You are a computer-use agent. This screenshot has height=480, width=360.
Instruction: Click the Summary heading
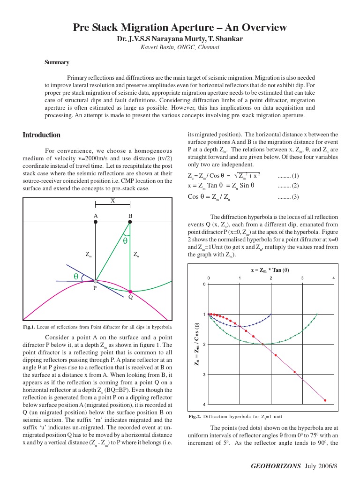[x=57, y=62]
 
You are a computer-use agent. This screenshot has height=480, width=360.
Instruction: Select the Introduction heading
[x=42, y=135]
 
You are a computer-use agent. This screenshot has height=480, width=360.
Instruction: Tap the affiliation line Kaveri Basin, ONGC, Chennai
[x=180, y=47]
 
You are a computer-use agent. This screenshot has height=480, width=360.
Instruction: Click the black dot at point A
[x=96, y=222]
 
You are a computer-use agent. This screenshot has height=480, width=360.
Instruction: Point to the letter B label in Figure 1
[x=130, y=216]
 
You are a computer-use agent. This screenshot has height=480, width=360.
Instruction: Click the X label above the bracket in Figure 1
[x=112, y=201]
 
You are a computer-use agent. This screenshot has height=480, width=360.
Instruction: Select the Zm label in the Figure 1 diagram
[x=89, y=255]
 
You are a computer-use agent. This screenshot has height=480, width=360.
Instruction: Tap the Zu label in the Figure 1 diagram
[x=136, y=255]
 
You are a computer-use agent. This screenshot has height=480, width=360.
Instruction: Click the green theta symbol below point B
[x=125, y=241]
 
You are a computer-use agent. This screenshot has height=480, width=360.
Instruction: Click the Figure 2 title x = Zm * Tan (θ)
[x=270, y=270]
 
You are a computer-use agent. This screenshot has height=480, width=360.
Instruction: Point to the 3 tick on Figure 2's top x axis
[x=303, y=278]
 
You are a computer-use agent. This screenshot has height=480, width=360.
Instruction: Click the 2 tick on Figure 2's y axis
[x=204, y=345]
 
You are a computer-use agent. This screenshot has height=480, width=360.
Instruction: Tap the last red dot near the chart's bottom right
[x=325, y=400]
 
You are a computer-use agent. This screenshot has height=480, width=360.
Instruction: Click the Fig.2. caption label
[x=195, y=416]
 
